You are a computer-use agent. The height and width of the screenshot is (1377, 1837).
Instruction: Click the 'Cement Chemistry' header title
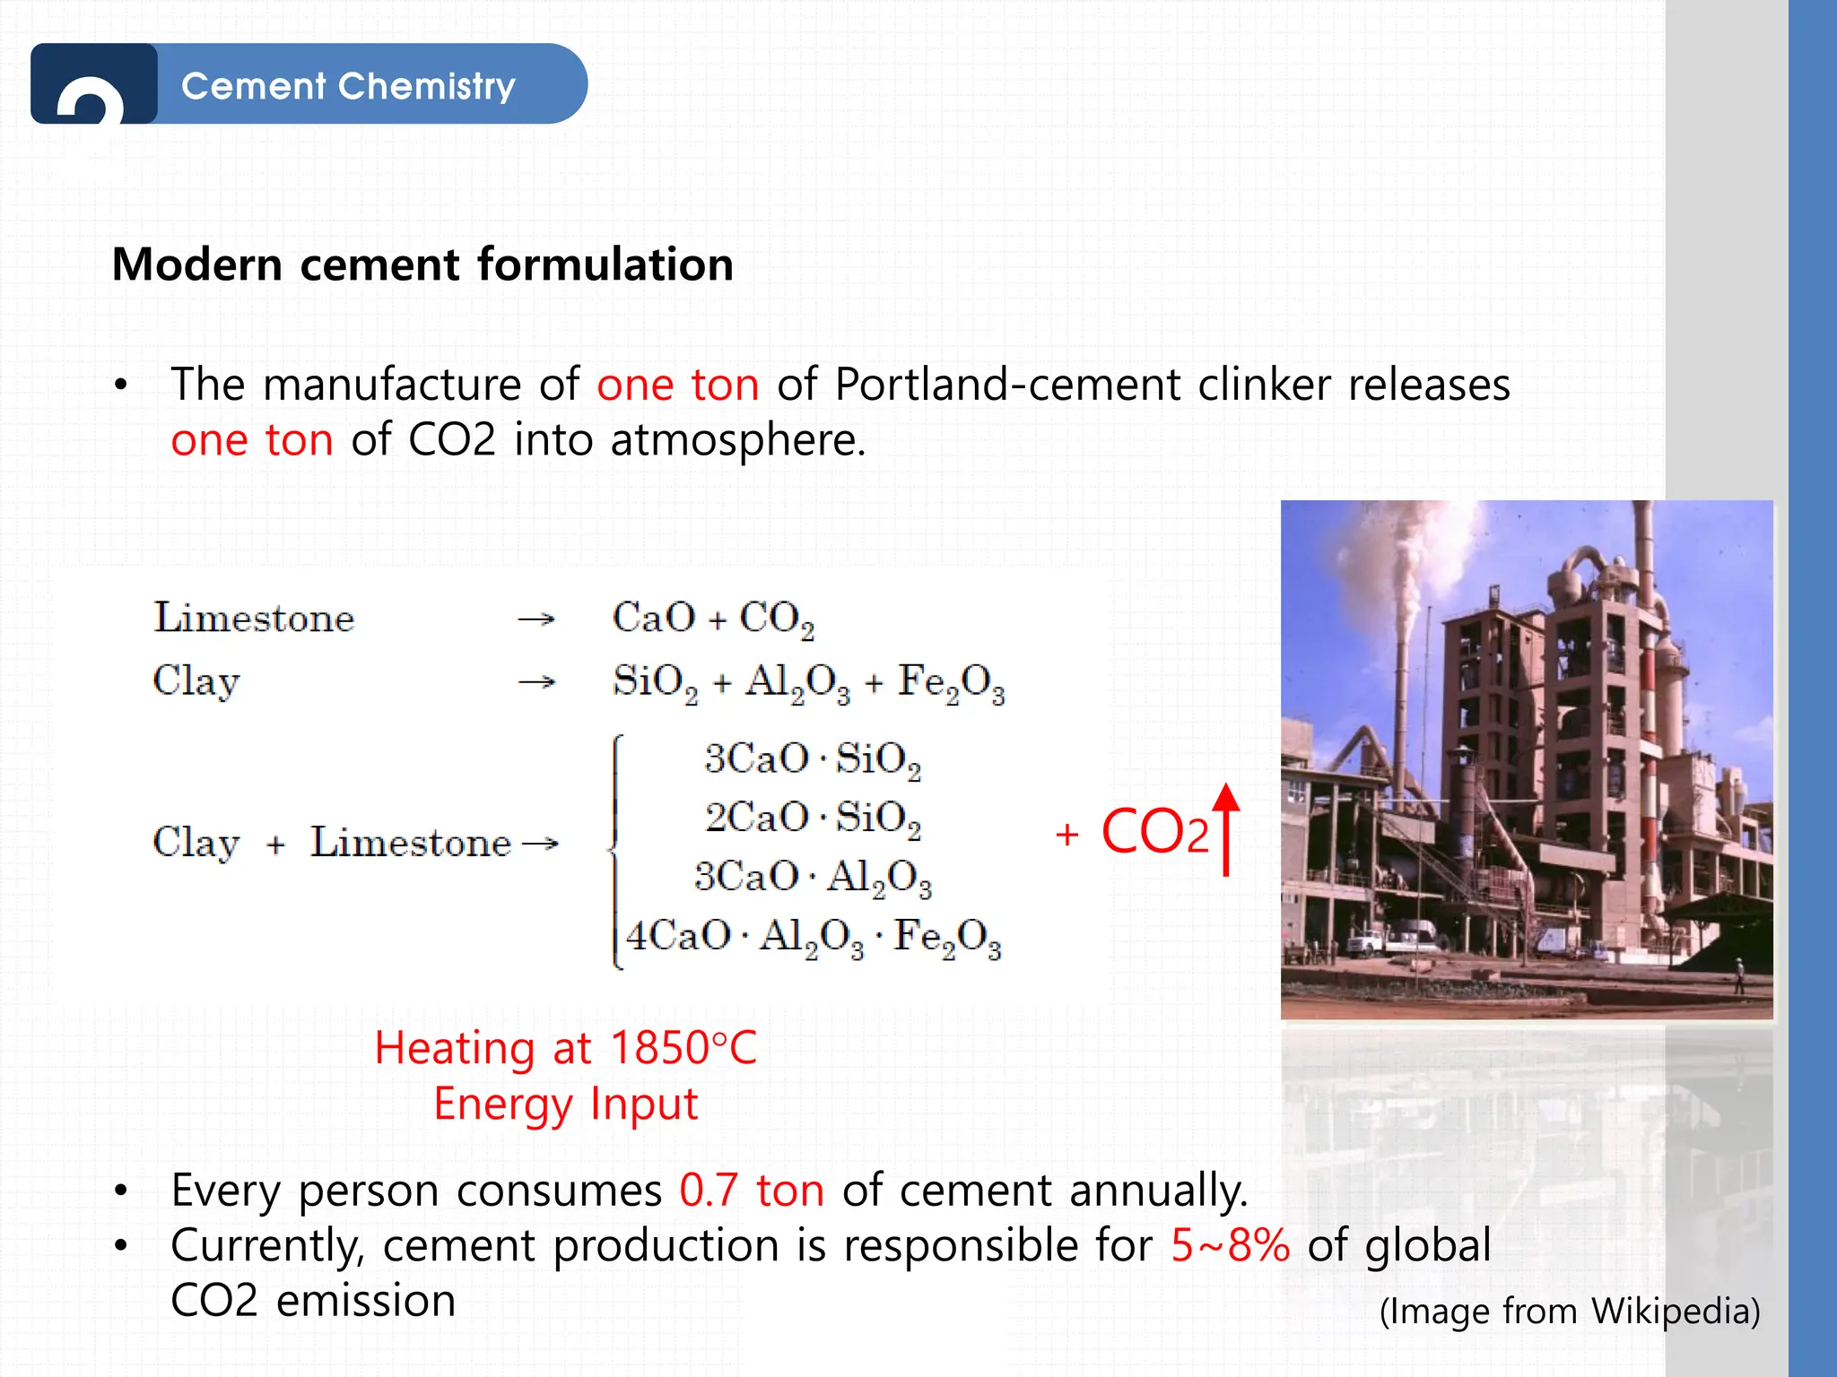348,86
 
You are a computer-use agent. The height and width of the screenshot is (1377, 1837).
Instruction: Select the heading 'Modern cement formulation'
422,264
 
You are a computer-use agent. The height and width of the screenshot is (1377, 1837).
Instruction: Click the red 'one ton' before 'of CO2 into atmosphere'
252,440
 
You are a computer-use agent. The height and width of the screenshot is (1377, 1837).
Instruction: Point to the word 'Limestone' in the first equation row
254,618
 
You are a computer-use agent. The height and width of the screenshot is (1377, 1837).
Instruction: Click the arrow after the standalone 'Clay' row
536,682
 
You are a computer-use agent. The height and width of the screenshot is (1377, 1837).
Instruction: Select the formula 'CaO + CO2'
713,619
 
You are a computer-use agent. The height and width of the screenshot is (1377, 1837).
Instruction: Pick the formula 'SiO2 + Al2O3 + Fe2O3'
808,682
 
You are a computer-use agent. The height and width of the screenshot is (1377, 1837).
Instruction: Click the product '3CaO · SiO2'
813,759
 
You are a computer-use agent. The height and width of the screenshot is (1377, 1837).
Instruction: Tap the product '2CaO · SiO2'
813,818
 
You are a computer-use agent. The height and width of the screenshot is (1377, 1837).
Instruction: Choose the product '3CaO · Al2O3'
813,877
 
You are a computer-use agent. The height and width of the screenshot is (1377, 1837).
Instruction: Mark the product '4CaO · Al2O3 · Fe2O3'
813,937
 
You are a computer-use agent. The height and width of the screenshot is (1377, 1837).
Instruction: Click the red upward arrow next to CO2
1226,828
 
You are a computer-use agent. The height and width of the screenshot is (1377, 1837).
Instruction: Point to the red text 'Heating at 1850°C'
565,1048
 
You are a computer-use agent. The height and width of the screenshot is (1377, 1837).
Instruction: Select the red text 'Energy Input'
565,1104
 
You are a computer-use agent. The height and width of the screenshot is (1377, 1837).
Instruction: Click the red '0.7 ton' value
752,1191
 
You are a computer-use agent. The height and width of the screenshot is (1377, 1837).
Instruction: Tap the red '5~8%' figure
1230,1245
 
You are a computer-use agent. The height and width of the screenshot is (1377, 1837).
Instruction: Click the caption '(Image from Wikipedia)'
1570,1311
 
